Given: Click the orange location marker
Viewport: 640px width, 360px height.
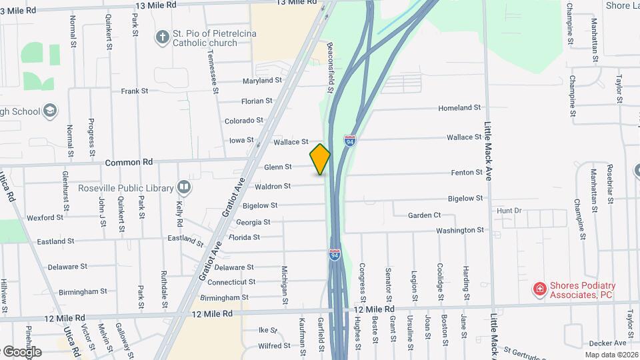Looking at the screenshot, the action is pos(320,159).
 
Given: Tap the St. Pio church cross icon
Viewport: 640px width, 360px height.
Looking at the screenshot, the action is pos(162,37).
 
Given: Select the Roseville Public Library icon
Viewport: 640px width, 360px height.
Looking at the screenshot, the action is pos(184,187).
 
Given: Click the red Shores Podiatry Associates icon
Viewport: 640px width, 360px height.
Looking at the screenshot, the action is pos(539,289).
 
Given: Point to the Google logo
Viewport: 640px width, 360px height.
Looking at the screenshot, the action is pos(21,351).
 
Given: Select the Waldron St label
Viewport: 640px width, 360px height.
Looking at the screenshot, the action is pos(273,187).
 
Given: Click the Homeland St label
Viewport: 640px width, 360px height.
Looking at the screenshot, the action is pos(459,107).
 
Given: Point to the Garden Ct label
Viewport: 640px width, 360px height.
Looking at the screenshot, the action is pos(425,215).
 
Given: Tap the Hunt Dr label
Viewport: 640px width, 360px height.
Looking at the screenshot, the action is pos(509,211).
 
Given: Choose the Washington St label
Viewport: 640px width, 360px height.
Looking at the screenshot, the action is pos(460,230).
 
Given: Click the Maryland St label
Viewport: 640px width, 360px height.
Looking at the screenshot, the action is pos(263,81).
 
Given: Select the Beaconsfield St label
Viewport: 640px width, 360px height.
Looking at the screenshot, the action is pos(330,68).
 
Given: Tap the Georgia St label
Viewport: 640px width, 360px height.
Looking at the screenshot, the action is pos(253,222).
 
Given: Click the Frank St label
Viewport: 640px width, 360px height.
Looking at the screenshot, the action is pos(134,91).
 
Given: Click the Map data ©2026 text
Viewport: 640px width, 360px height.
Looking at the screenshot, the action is pos(611,354).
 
